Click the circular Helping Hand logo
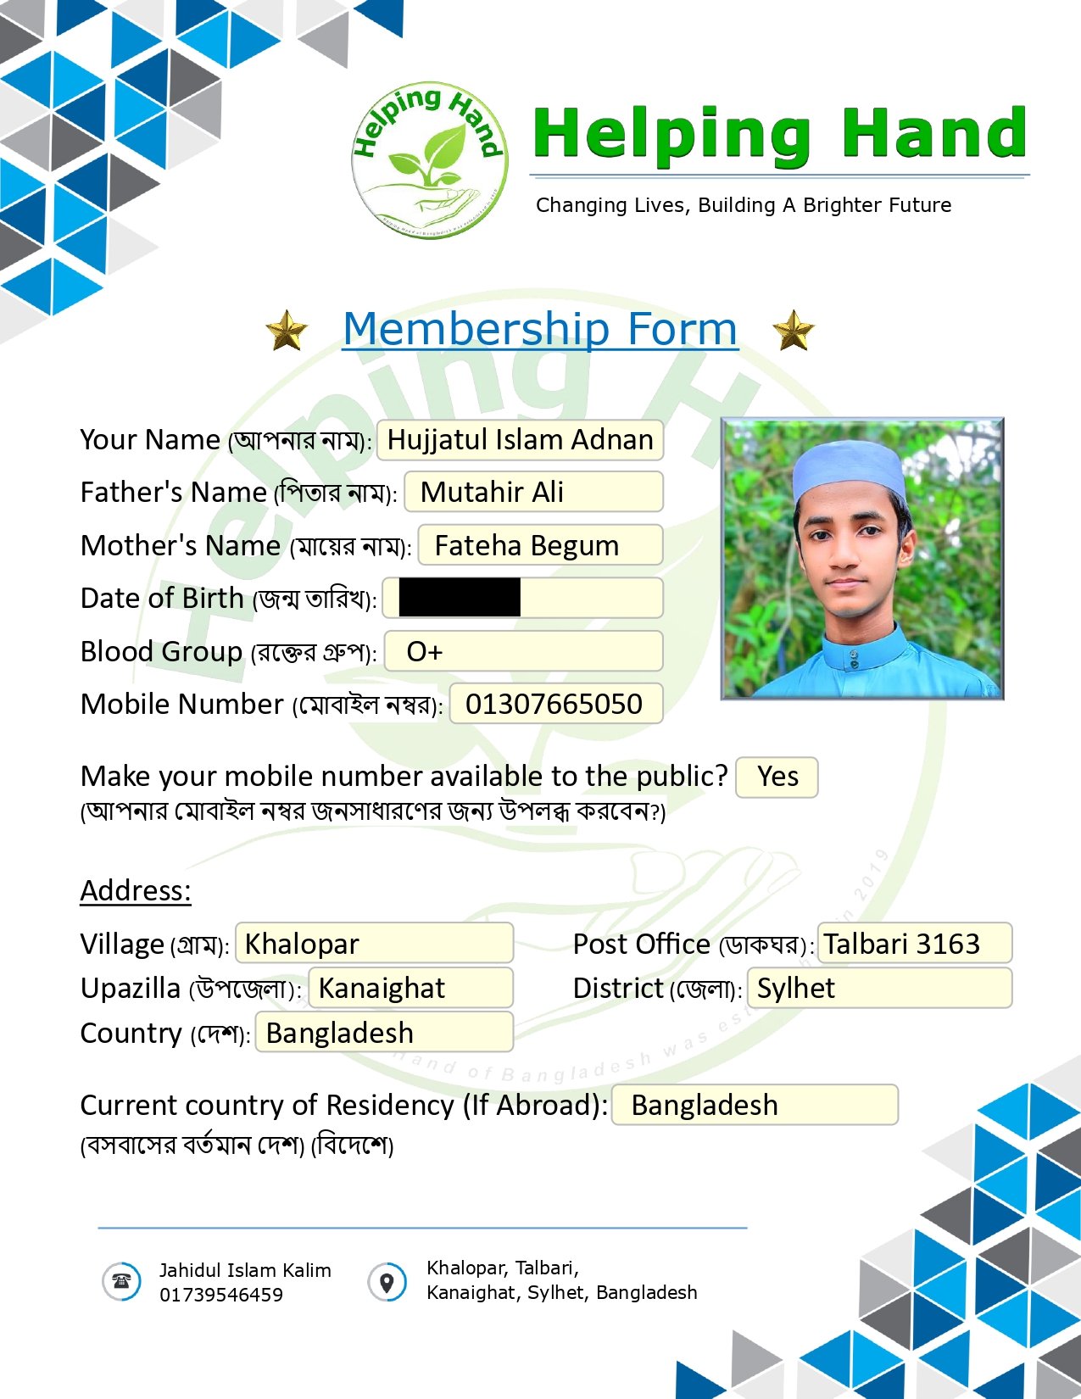430,162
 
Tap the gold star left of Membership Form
287,330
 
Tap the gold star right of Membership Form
794,330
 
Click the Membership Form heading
540,328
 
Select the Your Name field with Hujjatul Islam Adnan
520,440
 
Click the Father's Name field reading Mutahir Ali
533,493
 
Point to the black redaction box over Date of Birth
460,598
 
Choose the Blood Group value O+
425,651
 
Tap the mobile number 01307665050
554,704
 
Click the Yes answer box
777,777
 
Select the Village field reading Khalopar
374,944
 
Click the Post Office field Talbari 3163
914,944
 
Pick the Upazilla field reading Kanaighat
410,988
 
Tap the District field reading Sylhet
879,988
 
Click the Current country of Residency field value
754,1105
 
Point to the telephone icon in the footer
121,1280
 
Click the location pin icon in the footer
387,1281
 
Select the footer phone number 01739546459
221,1295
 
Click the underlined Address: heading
136,890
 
